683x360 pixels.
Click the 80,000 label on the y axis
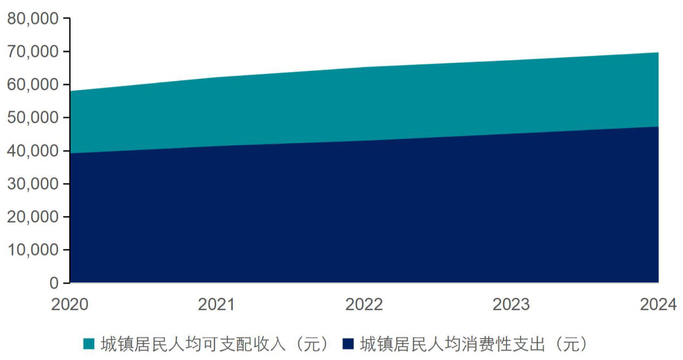(32, 18)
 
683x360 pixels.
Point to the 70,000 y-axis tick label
(32, 51)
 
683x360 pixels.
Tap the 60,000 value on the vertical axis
(32, 84)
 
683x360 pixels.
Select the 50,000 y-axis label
(32, 117)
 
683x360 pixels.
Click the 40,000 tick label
(32, 151)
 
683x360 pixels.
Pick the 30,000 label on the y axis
(32, 184)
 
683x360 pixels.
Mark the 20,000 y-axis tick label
(32, 216)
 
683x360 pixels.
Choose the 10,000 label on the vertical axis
(32, 249)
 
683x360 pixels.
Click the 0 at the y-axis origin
(54, 283)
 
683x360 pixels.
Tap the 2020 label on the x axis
(70, 304)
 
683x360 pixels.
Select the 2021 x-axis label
(216, 304)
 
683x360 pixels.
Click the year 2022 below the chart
(364, 304)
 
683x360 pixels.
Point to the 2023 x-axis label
(511, 304)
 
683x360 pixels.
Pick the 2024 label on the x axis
(658, 304)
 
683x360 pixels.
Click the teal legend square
(89, 344)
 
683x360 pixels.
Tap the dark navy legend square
(348, 344)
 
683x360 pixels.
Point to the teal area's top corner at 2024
(658, 53)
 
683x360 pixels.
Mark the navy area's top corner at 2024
(658, 127)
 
